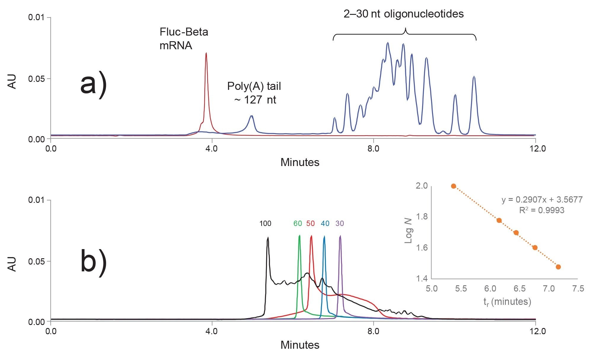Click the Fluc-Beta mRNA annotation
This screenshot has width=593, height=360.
184,39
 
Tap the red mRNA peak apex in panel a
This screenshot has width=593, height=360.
206,53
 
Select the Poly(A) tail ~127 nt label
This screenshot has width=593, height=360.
254,93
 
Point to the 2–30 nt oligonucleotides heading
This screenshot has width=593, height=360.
404,14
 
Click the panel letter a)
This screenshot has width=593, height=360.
93,85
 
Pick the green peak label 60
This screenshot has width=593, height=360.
298,224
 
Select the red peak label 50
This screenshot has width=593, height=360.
310,224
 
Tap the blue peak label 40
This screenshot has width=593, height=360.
325,224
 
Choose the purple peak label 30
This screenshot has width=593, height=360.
340,224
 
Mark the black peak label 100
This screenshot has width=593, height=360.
265,224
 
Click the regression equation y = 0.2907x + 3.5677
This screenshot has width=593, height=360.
542,200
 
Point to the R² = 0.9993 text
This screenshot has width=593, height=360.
542,210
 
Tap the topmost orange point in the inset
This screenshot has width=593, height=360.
453,186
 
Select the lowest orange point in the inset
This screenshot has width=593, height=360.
558,267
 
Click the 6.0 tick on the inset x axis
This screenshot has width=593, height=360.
490,289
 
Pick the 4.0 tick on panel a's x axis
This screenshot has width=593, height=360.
212,148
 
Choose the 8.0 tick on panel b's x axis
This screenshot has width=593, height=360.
373,331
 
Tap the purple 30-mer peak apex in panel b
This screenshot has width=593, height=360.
340,236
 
